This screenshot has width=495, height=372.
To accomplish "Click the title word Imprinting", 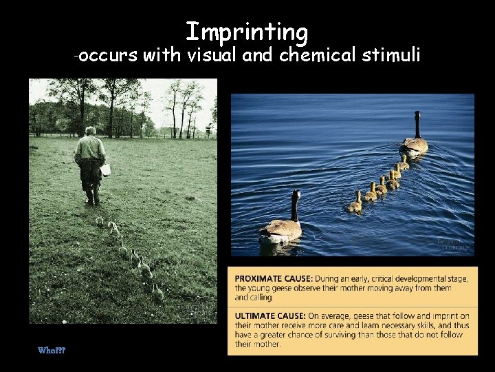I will point(247,32).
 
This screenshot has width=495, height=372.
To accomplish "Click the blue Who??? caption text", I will point(52,350).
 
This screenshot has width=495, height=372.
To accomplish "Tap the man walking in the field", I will point(90,165).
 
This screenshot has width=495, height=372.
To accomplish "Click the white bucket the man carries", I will point(105,169).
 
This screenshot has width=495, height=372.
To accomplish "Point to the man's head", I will point(90,131).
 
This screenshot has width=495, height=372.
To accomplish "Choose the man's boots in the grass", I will point(93,199).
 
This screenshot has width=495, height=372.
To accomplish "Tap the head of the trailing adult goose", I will point(296,195).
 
